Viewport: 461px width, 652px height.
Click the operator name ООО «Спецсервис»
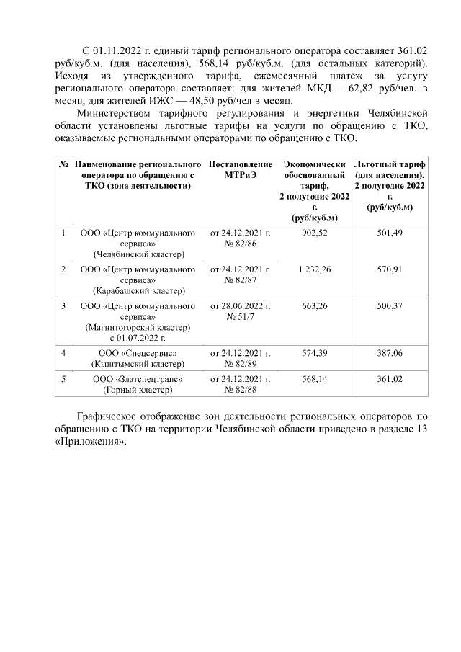pos(138,353)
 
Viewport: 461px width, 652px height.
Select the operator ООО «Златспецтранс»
pos(138,379)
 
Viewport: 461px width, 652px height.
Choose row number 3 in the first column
pos(64,306)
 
